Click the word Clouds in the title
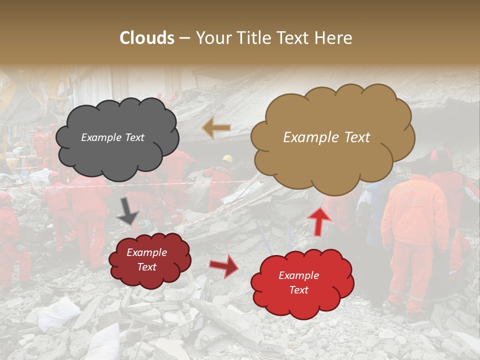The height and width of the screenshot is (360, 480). coord(147,38)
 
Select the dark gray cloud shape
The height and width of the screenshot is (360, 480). coord(116,138)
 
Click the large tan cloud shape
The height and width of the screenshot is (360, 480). coord(332,137)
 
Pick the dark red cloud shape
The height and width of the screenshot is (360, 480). coord(149,260)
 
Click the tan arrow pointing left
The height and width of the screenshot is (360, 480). coord(216,128)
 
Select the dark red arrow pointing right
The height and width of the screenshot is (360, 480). coord(224,265)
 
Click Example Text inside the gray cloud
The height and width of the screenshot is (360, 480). coord(112,137)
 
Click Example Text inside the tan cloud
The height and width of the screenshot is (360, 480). coord(326,137)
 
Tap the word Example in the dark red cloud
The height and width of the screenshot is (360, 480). coord(146,252)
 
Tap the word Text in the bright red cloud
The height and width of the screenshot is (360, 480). coord(298,290)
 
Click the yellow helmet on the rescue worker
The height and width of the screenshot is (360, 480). coord(228,159)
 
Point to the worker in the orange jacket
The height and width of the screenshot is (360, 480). coord(414,220)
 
